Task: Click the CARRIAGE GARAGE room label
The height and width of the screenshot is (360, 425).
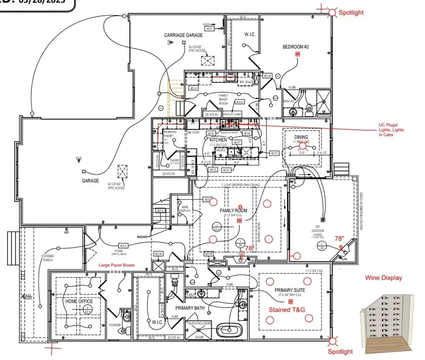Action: (184, 35)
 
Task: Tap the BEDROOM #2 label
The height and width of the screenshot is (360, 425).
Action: (296, 47)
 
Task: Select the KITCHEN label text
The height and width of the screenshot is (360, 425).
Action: (219, 140)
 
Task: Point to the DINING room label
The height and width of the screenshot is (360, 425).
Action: (301, 137)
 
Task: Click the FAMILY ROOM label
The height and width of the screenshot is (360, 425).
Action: (234, 211)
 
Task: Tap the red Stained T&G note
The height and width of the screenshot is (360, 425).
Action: (287, 309)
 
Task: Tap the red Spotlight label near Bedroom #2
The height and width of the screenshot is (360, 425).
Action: (351, 13)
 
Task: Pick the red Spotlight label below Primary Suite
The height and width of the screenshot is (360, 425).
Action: (340, 351)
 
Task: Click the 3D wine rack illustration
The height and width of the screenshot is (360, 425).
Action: (383, 316)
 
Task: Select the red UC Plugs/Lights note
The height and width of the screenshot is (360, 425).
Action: (391, 129)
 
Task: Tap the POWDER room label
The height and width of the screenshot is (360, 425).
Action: (115, 326)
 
